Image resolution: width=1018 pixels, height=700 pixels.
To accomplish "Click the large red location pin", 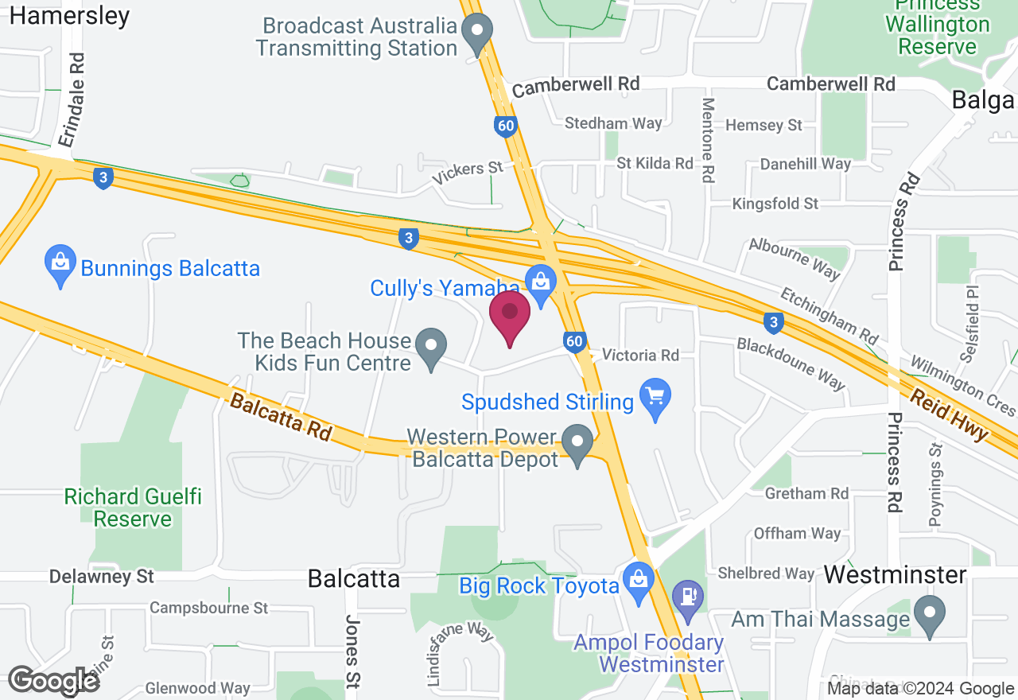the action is [510, 315].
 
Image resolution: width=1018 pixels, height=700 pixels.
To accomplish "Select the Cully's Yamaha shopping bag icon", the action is [541, 284].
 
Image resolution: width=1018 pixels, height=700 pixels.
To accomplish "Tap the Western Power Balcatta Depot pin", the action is [577, 443].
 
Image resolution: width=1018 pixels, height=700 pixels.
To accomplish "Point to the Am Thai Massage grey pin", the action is [928, 615].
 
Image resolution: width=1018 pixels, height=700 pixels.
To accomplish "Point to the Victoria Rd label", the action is [640, 355].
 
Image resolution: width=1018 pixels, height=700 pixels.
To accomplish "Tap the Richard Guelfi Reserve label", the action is [133, 508].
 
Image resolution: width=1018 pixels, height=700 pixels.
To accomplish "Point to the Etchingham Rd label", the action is [830, 311].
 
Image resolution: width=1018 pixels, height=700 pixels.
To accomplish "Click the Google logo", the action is [54, 680].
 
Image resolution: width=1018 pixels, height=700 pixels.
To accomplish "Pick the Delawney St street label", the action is [101, 576].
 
